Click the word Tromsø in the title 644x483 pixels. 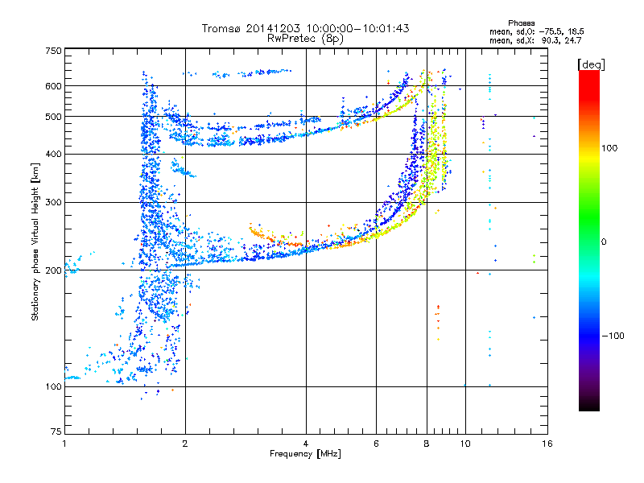222,28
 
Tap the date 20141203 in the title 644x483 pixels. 273,28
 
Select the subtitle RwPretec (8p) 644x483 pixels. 305,39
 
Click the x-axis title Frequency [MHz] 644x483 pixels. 305,453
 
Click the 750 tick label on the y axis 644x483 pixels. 53,51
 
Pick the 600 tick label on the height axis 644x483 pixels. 53,86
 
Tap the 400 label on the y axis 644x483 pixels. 53,154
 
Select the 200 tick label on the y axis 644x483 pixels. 53,270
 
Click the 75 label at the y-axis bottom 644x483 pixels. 56,431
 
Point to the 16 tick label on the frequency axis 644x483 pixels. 547,444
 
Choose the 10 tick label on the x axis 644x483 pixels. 465,444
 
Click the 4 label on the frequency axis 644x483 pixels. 306,444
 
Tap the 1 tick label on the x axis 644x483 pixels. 65,444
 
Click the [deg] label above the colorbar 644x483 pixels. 591,64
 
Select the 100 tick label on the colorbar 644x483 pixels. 609,148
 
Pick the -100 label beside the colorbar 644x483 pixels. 613,336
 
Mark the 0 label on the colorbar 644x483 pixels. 604,242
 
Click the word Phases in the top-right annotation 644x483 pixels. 522,23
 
